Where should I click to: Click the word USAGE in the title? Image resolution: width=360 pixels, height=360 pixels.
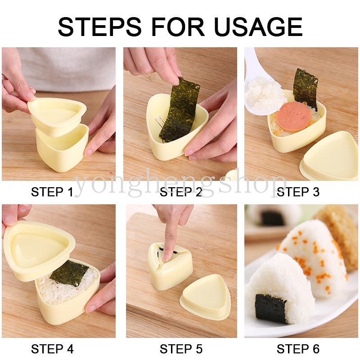pos(258,27)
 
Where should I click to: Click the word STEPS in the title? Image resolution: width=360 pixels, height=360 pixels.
pos(99,27)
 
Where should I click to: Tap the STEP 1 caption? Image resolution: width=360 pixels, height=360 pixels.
pos(52,192)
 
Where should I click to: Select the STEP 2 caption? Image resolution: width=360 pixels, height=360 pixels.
pos(181,192)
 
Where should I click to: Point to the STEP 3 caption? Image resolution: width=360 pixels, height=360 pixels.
pos(298,192)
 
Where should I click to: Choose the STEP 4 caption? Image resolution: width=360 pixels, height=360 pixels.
pos(52,349)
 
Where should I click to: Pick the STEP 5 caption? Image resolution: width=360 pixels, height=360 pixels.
pos(181,349)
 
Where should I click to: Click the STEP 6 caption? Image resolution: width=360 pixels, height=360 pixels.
pos(298,349)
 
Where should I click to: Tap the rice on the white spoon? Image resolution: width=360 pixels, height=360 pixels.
pos(266,94)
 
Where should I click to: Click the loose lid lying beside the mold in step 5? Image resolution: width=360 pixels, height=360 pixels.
pos(205,297)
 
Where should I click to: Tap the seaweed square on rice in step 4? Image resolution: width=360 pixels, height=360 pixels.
pos(69,273)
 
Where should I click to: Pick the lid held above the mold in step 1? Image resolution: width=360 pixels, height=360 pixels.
pos(57,115)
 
